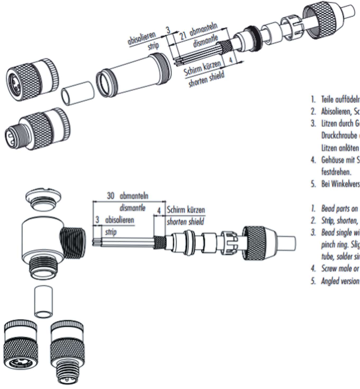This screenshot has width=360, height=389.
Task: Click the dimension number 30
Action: (111, 196)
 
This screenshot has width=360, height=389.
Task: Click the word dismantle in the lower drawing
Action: (133, 208)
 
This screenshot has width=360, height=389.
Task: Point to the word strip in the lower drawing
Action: (111, 232)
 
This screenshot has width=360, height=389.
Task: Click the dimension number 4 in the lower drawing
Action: (159, 211)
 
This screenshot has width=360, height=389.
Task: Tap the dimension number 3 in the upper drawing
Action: (168, 30)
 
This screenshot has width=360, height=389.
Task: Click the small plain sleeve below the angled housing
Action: (43, 301)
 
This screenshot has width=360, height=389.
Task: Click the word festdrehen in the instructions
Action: (336, 172)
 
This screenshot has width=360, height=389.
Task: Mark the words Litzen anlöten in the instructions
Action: (340, 148)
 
